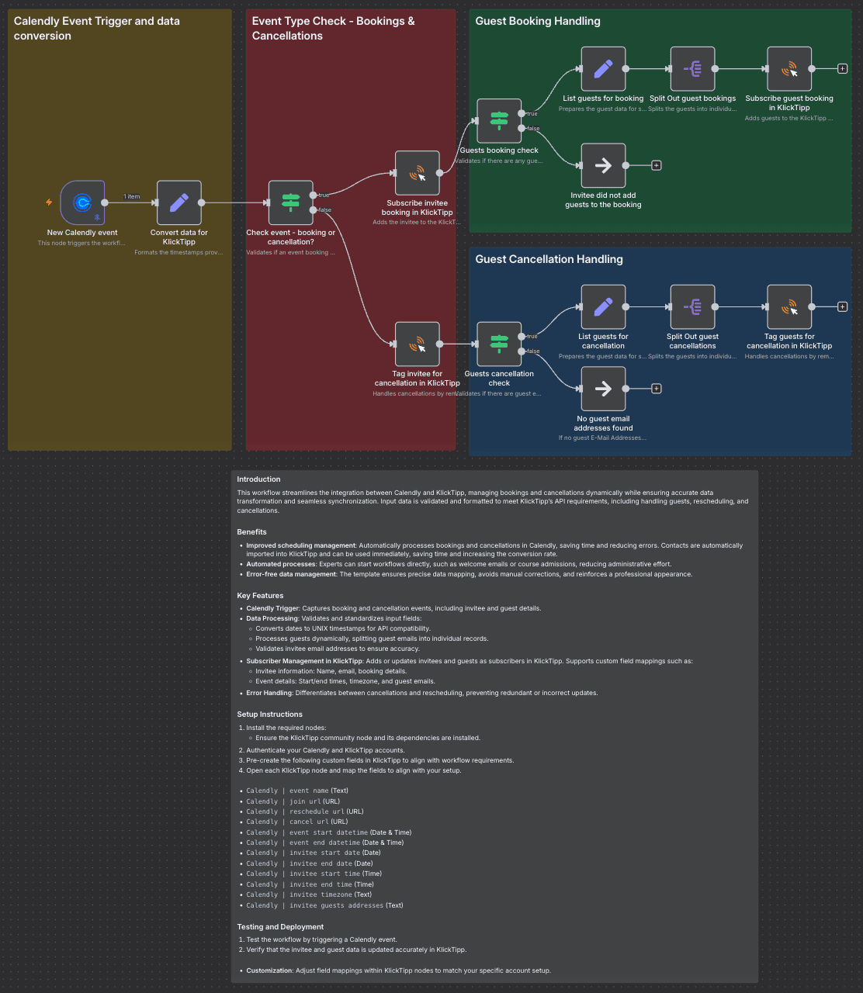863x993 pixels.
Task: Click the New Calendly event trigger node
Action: tap(81, 203)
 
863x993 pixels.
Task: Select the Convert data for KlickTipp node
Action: tap(178, 203)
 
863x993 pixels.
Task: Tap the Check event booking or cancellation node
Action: tap(290, 203)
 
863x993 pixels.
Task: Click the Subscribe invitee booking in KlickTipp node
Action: tap(418, 173)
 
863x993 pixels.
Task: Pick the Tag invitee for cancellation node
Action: tap(418, 344)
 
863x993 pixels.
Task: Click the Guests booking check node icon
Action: tap(499, 121)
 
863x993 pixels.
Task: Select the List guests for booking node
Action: tap(603, 69)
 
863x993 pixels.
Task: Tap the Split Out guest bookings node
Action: tap(692, 69)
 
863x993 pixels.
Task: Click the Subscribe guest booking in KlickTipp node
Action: tap(789, 69)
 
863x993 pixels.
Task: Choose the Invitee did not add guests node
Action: tap(603, 165)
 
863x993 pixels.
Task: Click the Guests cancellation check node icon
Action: tap(499, 344)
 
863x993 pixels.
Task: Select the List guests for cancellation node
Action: tap(603, 307)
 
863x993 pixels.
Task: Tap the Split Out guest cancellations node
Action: tap(692, 307)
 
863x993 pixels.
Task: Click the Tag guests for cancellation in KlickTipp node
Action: tap(789, 307)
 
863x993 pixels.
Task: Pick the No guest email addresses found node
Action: tap(603, 389)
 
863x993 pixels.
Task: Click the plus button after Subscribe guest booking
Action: tap(843, 69)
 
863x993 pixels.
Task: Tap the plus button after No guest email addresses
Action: tap(657, 389)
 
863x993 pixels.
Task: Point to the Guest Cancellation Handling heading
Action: tap(549, 259)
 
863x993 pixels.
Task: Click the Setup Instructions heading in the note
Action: tap(269, 714)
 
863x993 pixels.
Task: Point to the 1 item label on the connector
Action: tap(132, 196)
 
